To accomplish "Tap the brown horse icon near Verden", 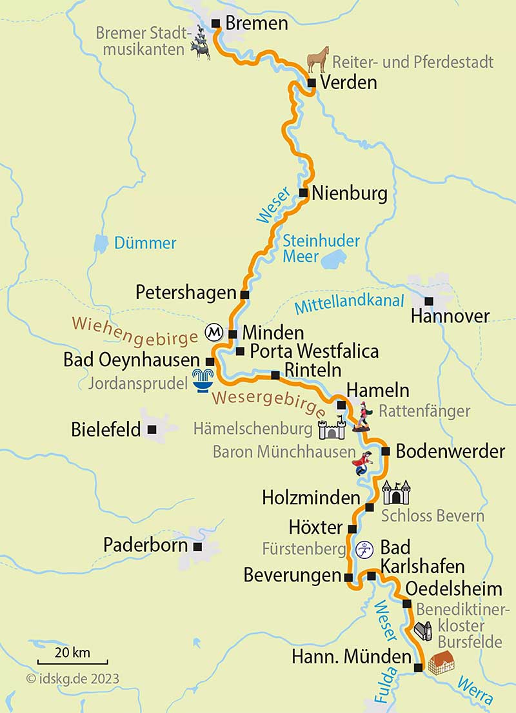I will tap(317, 59).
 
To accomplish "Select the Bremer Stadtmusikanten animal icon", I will tap(201, 47).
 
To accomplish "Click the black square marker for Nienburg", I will tap(303, 193).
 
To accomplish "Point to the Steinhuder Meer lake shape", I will tap(334, 261).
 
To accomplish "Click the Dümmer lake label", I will tap(145, 243).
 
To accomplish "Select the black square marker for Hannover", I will tap(429, 300).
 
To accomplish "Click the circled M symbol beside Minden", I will tap(214, 333).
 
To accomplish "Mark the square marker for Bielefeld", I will tap(152, 429).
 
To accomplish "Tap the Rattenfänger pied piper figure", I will tap(362, 416).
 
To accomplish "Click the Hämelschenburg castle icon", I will tap(332, 427).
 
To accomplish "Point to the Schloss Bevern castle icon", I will tap(395, 493).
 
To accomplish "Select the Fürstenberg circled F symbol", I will tap(365, 549).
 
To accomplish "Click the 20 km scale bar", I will tap(72, 661).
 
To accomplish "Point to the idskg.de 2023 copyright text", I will tap(73, 678).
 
